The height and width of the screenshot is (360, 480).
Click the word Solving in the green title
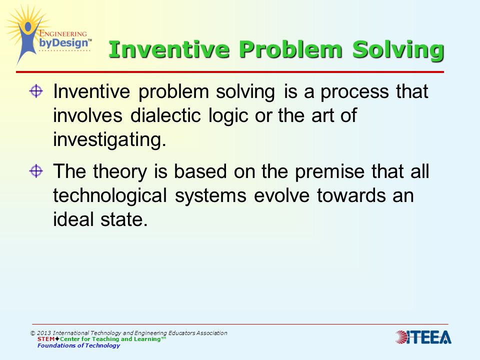tap(398, 50)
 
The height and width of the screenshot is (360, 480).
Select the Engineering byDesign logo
tap(48, 34)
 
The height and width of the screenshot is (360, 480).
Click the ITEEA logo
tap(423, 337)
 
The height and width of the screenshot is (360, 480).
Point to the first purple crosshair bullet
tap(36, 91)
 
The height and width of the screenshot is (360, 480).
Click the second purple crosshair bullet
tap(36, 171)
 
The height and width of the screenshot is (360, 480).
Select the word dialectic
tap(165, 115)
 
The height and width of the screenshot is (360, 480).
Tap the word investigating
tap(109, 140)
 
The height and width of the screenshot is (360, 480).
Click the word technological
tap(110, 195)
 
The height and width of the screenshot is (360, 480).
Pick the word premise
tap(329, 171)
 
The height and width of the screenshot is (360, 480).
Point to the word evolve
tap(281, 195)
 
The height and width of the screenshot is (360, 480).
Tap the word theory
tap(120, 171)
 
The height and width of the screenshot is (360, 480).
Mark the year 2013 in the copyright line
tap(44, 333)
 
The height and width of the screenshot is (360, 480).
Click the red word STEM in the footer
tap(46, 339)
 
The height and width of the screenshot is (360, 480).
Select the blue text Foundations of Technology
tap(78, 345)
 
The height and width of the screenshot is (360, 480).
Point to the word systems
tap(210, 196)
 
